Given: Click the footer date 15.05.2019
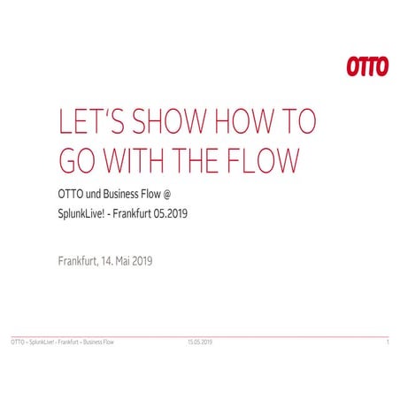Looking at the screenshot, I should [199, 341].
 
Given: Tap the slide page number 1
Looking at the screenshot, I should [388, 341].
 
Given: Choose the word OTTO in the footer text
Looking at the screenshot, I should [17, 341].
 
